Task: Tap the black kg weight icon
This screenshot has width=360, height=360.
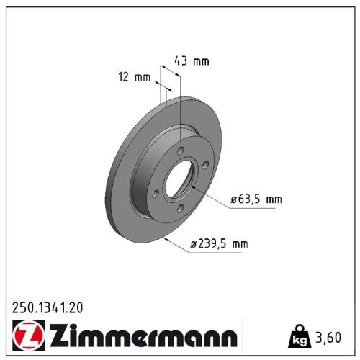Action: point(296,336)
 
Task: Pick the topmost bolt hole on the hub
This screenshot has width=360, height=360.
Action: point(180,150)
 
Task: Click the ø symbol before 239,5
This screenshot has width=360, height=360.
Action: point(194,245)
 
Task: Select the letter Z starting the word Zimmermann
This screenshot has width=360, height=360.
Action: point(59,336)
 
